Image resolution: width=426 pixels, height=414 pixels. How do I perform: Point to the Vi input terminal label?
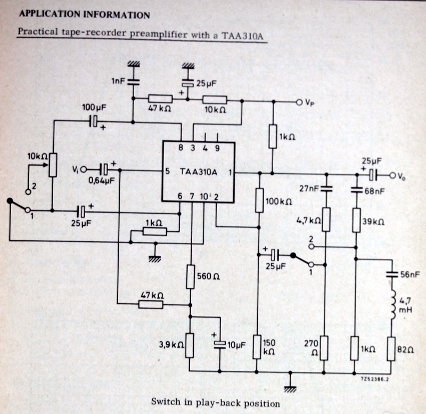(x=75, y=169)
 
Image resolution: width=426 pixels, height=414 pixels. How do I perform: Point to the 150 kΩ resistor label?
(x=270, y=347)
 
